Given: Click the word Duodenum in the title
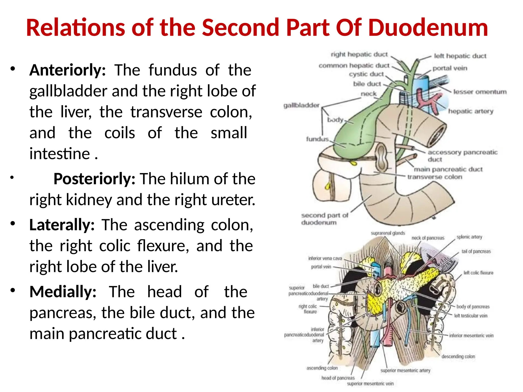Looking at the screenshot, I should pyautogui.click(x=428, y=28).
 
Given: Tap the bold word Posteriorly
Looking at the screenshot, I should pyautogui.click(x=94, y=179).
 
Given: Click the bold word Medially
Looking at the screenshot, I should pyautogui.click(x=63, y=292).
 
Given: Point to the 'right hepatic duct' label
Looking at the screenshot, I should pyautogui.click(x=359, y=54).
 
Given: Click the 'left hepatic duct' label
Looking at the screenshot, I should pyautogui.click(x=460, y=56).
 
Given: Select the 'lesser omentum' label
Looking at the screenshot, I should pyautogui.click(x=480, y=92).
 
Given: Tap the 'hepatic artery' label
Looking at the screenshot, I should pyautogui.click(x=471, y=111).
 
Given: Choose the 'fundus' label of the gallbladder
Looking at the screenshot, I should pyautogui.click(x=317, y=139).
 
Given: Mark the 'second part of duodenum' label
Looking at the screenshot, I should pyautogui.click(x=324, y=219).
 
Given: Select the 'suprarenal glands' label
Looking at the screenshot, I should pyautogui.click(x=388, y=233).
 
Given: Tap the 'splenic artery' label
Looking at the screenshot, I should pyautogui.click(x=469, y=237).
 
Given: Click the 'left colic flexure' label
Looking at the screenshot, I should pyautogui.click(x=478, y=273).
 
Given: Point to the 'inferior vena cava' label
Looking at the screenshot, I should pyautogui.click(x=325, y=258).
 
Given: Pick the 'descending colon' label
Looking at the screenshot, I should pyautogui.click(x=458, y=356).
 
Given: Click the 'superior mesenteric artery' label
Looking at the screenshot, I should pyautogui.click(x=405, y=370).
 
